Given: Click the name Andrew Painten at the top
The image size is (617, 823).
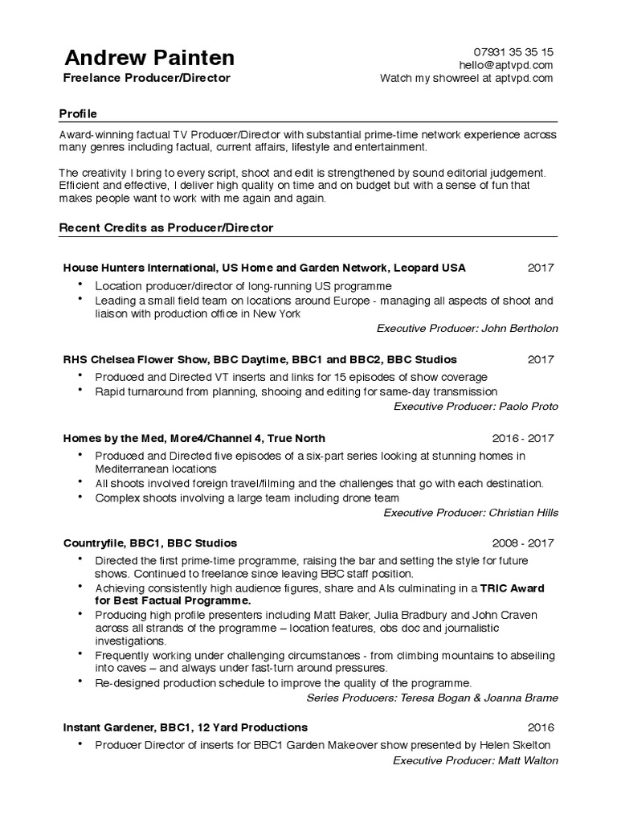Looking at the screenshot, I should [x=149, y=58].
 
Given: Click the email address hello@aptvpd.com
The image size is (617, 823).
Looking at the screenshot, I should [x=506, y=64].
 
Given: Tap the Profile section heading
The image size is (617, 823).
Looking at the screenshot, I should [x=78, y=113].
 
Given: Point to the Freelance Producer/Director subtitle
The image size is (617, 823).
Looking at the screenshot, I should [x=147, y=78].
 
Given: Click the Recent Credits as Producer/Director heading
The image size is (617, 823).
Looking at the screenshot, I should [x=166, y=227].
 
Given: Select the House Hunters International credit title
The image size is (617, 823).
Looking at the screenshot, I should [x=264, y=268].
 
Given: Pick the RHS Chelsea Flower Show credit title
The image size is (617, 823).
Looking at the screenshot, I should [x=259, y=359].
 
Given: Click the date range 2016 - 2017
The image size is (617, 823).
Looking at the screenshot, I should [x=522, y=438].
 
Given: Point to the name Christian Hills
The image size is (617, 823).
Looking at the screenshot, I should [x=517, y=512].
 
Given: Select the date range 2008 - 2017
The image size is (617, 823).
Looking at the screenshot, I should [x=522, y=543].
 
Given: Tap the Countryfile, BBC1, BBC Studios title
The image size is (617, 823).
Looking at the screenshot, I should [x=150, y=543].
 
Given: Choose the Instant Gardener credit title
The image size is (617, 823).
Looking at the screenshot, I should [x=185, y=727].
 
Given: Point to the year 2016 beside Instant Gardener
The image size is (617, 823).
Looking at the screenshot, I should [x=541, y=727].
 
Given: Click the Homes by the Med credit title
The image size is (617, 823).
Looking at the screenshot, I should [x=194, y=438].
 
